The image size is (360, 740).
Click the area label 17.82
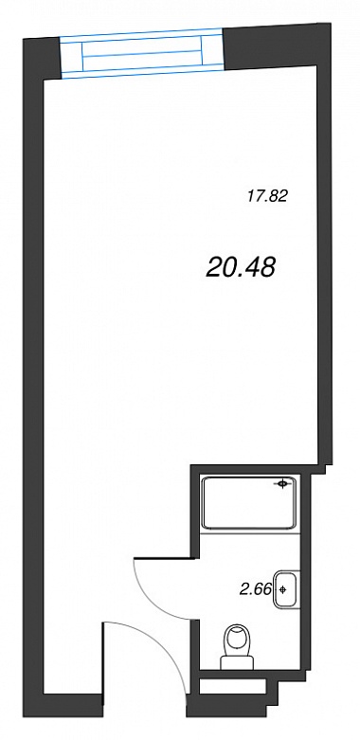267,195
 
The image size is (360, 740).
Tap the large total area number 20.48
241,268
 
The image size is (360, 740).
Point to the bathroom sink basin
285,589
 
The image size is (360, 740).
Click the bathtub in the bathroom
249,502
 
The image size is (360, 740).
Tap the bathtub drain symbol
282,484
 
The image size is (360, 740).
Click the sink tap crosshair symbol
282,589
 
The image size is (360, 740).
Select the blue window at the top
141,53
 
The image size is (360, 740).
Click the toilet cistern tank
238,663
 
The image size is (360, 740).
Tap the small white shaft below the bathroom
233,687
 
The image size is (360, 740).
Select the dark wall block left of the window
43,59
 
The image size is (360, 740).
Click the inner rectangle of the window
142,52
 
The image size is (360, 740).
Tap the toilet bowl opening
237,639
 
